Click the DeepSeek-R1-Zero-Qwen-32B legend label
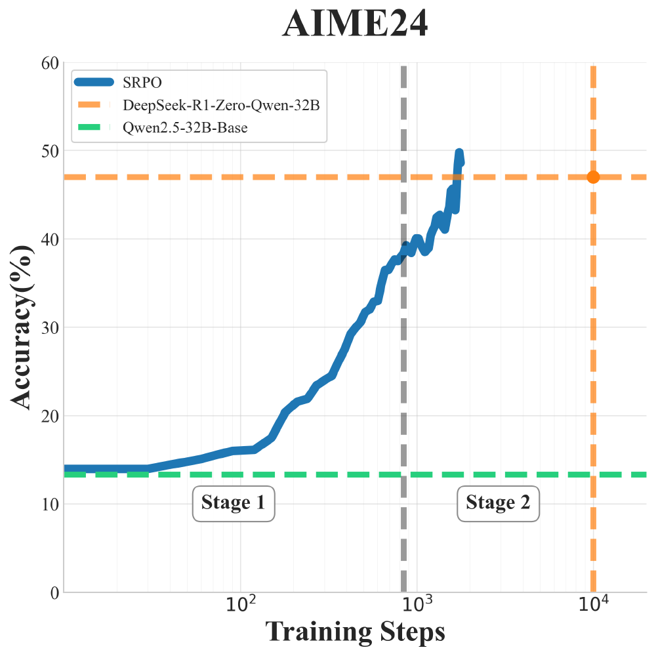221,104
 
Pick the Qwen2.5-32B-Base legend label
185,127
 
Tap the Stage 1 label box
233,503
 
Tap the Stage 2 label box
498,503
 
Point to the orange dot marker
593,177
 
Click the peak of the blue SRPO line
459,154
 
